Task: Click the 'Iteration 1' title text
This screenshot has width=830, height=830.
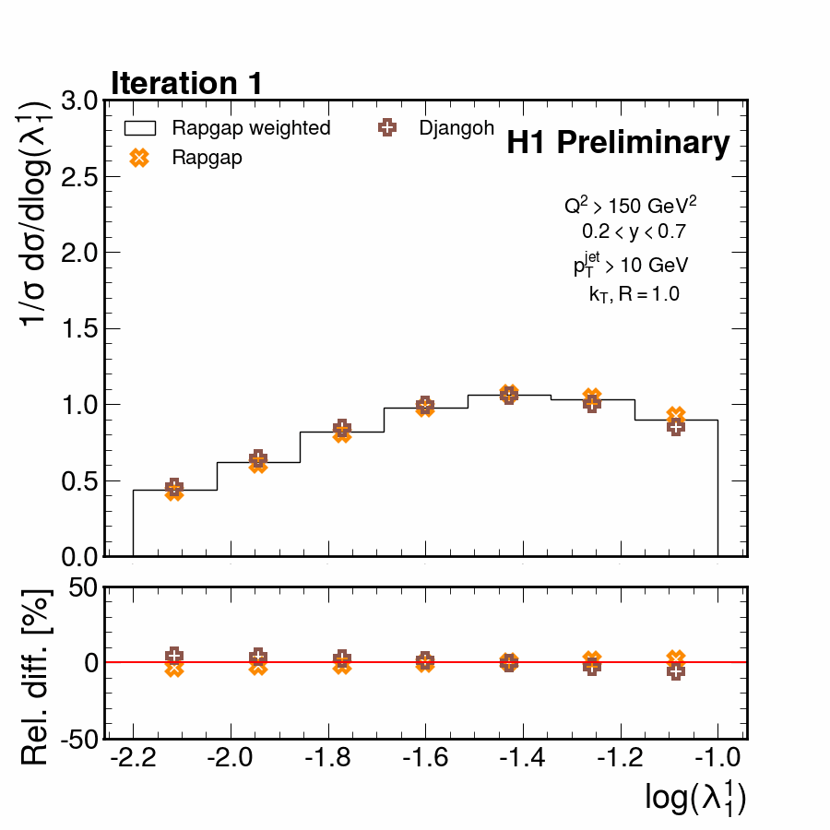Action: [x=187, y=83]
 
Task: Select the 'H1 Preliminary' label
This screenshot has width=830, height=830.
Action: [x=618, y=143]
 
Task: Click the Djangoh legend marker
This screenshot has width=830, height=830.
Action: [x=387, y=127]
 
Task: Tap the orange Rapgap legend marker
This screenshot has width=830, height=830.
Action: [x=139, y=158]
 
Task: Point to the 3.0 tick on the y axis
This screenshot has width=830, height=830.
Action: [x=78, y=101]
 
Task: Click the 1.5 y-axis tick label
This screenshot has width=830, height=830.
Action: [x=78, y=328]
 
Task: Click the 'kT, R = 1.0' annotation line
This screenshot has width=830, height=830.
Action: [x=634, y=294]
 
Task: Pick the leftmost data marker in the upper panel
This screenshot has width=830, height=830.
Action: [x=173, y=490]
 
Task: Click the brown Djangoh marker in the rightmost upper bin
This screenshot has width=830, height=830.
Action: [x=675, y=426]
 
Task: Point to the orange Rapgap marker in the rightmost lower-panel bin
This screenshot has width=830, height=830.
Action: [x=676, y=658]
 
